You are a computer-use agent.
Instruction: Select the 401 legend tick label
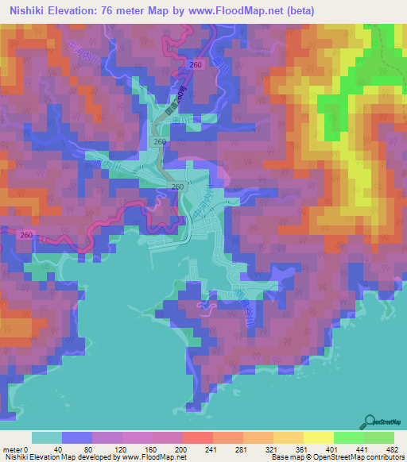click(x=334, y=449)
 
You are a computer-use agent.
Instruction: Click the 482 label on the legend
click(x=393, y=449)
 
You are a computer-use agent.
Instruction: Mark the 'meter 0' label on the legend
click(x=17, y=449)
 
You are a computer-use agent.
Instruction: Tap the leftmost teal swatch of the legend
click(x=46, y=437)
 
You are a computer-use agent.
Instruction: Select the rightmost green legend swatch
click(x=378, y=437)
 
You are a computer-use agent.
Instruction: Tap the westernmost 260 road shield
click(x=27, y=235)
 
